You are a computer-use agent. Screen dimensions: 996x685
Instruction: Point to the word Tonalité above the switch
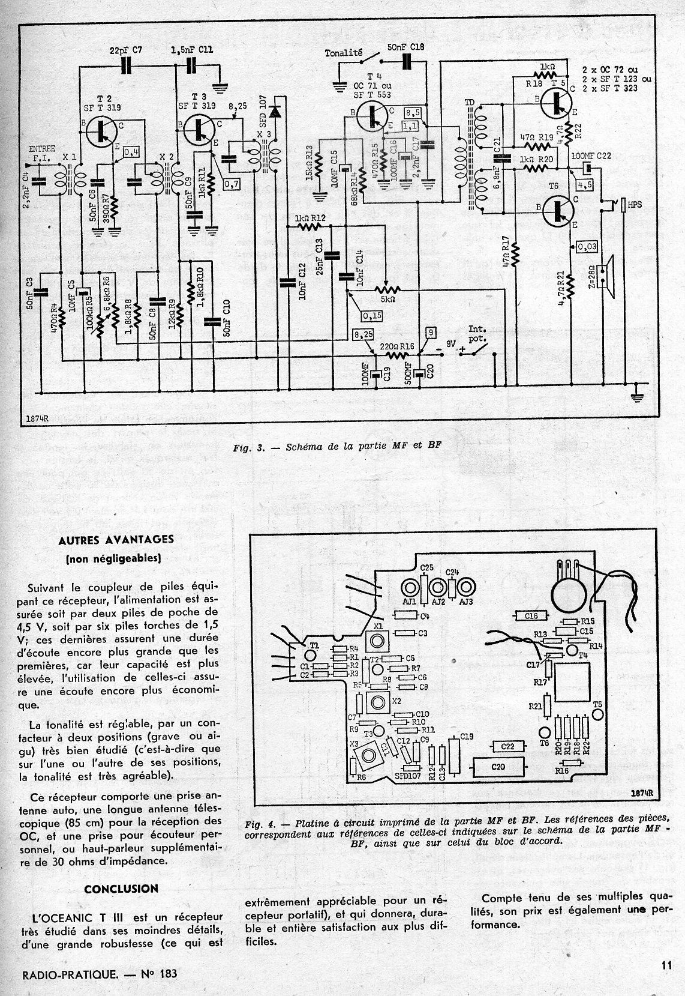[343, 52]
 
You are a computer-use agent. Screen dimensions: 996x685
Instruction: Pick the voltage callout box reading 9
[429, 332]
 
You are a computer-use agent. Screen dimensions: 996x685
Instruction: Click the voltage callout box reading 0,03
[587, 246]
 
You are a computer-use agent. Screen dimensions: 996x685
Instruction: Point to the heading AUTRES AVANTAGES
[124, 539]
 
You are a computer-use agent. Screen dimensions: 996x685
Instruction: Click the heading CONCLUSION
[122, 888]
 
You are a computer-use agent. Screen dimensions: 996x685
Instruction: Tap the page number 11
[666, 965]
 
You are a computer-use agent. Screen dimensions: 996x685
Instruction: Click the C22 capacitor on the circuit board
[507, 746]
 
